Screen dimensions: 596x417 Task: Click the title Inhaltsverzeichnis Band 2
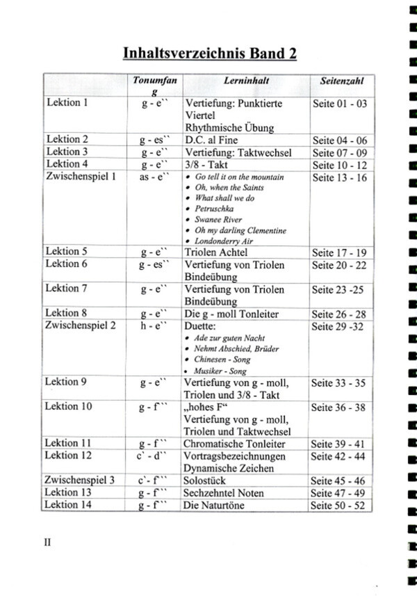(x=209, y=54)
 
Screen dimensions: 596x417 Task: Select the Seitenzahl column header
(x=342, y=81)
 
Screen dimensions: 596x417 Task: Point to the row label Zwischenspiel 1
(x=80, y=177)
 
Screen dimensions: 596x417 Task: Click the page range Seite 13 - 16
(x=341, y=177)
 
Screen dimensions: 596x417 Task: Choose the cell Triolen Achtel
(x=215, y=252)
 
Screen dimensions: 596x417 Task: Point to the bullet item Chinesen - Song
(x=222, y=360)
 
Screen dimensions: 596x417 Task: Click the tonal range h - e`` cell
(x=154, y=326)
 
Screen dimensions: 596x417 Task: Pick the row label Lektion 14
(x=69, y=505)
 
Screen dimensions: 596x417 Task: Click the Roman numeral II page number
(x=49, y=543)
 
